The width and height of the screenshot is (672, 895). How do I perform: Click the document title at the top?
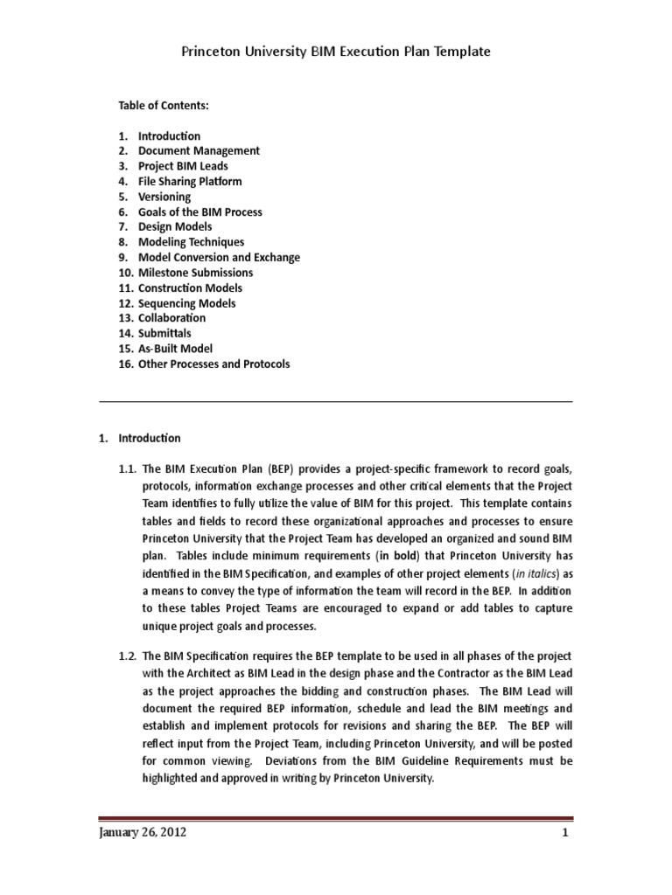point(335,52)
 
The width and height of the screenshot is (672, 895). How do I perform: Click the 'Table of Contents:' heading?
point(164,106)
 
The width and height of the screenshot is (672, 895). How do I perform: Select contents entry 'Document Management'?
point(199,151)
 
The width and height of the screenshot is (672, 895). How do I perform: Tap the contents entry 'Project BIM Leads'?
point(183,166)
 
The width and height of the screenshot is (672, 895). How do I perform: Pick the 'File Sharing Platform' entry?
point(190,182)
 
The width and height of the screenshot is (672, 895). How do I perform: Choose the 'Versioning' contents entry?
point(164,197)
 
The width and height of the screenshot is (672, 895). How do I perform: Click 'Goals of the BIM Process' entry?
point(199,212)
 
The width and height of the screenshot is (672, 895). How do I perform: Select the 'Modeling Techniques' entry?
point(191,242)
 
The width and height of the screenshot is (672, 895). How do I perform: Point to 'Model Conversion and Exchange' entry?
point(219,258)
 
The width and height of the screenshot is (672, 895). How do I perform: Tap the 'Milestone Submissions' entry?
point(195,273)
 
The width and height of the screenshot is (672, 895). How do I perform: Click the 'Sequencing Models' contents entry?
point(186,303)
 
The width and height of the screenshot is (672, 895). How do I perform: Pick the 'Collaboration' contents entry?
point(171,318)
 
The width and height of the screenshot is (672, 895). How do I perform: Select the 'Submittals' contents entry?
point(164,333)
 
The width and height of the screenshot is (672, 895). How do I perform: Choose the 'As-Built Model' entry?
point(175,349)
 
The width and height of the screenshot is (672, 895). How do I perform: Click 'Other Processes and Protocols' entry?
point(213,364)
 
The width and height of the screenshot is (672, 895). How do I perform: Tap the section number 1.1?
point(127,469)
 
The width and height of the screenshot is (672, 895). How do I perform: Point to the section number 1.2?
point(127,656)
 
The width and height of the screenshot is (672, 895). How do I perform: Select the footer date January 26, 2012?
point(142,833)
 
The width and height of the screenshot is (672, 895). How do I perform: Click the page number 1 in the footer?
point(566,833)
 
